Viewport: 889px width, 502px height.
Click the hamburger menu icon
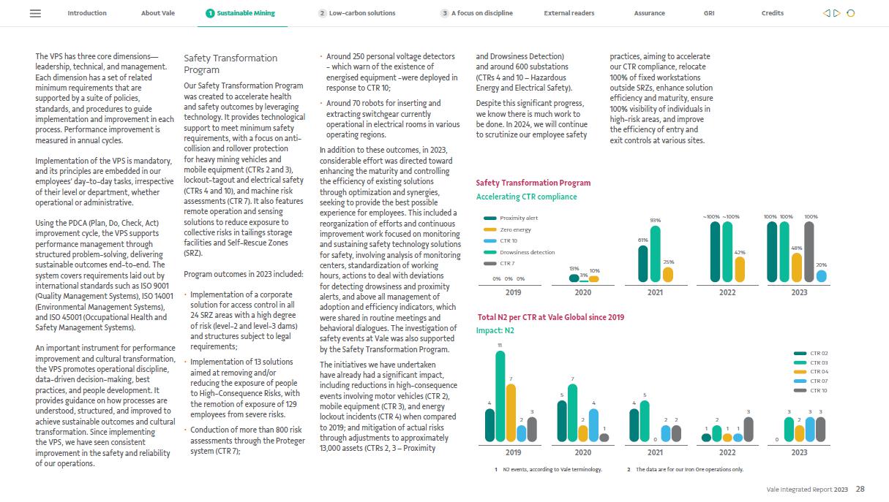pos(35,13)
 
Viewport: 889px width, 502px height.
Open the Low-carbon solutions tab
pos(357,13)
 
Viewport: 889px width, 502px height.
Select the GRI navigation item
pos(709,13)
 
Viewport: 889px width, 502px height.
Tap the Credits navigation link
pos(772,13)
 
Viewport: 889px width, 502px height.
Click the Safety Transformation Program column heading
pos(230,64)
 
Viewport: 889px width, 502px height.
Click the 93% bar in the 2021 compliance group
pos(655,253)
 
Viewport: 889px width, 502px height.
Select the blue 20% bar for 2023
pos(821,275)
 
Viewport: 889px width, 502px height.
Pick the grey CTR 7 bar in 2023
pos(809,251)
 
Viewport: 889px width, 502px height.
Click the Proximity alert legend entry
pos(518,218)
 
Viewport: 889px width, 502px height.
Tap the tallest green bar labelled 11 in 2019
pos(500,396)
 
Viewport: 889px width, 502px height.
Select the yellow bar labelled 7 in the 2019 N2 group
pos(511,413)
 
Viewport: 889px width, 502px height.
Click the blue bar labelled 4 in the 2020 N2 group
pos(593,425)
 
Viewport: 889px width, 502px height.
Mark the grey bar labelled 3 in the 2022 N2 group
pos(748,429)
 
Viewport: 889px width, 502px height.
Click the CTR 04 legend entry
pos(818,372)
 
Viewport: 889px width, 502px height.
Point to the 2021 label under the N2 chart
pos(656,452)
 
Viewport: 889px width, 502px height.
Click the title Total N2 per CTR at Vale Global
pos(550,317)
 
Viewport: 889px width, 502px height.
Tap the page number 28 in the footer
pos(860,489)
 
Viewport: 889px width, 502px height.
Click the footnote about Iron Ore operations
pos(689,469)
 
